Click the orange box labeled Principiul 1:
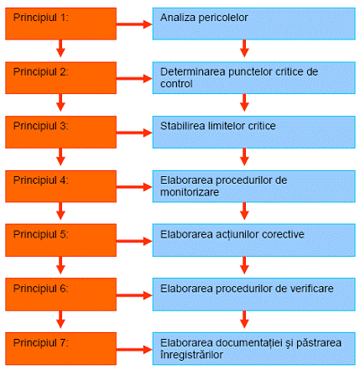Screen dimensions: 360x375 (60, 23)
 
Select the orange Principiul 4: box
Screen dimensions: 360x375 (60, 186)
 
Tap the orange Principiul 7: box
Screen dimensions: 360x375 (60, 349)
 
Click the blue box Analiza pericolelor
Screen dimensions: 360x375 (253, 23)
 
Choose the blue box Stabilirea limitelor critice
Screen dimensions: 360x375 (253, 132)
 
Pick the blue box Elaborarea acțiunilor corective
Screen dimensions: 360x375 (253, 240)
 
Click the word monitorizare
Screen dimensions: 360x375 (190, 192)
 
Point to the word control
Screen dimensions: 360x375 (176, 84)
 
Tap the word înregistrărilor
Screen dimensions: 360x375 (191, 355)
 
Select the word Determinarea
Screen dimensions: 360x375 (193, 72)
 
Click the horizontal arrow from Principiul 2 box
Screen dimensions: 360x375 (134, 79)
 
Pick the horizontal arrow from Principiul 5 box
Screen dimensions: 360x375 (134, 241)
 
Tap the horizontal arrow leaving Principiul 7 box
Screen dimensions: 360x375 (134, 350)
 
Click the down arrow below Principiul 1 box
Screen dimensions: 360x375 (60, 49)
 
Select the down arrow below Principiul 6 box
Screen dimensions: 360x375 (60, 320)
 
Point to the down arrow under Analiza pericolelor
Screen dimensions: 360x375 (244, 49)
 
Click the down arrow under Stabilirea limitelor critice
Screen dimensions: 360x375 (244, 157)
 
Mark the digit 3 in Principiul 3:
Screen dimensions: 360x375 (63, 126)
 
